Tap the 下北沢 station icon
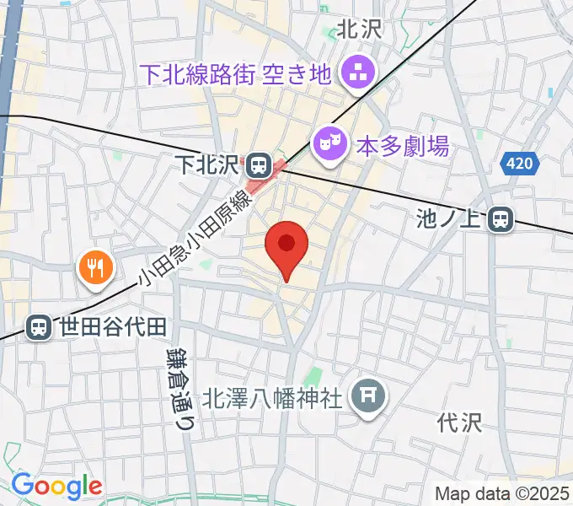pyautogui.click(x=259, y=163)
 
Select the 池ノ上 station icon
pyautogui.click(x=501, y=220)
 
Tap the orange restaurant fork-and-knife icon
pyautogui.click(x=94, y=268)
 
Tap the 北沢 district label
pyautogui.click(x=360, y=30)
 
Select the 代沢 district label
pyautogui.click(x=460, y=422)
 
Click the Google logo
pyautogui.click(x=56, y=486)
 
